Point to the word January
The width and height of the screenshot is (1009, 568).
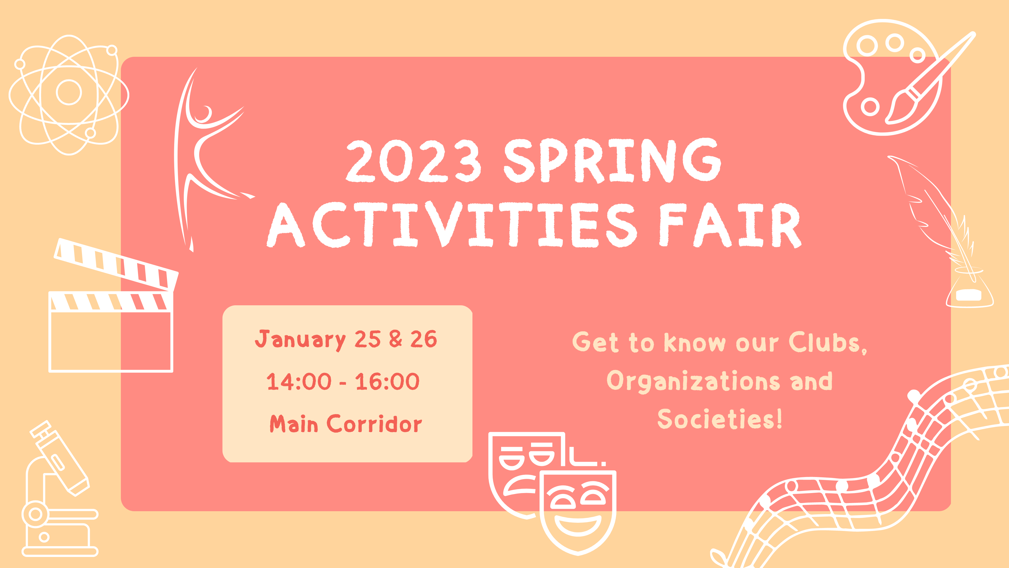pyautogui.click(x=300, y=339)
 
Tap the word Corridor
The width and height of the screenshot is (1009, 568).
pyautogui.click(x=374, y=424)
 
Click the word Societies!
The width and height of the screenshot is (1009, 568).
pyautogui.click(x=720, y=419)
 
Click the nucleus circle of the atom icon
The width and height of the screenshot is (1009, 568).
pyautogui.click(x=69, y=93)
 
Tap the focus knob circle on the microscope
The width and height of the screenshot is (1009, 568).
pyautogui.click(x=35, y=514)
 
